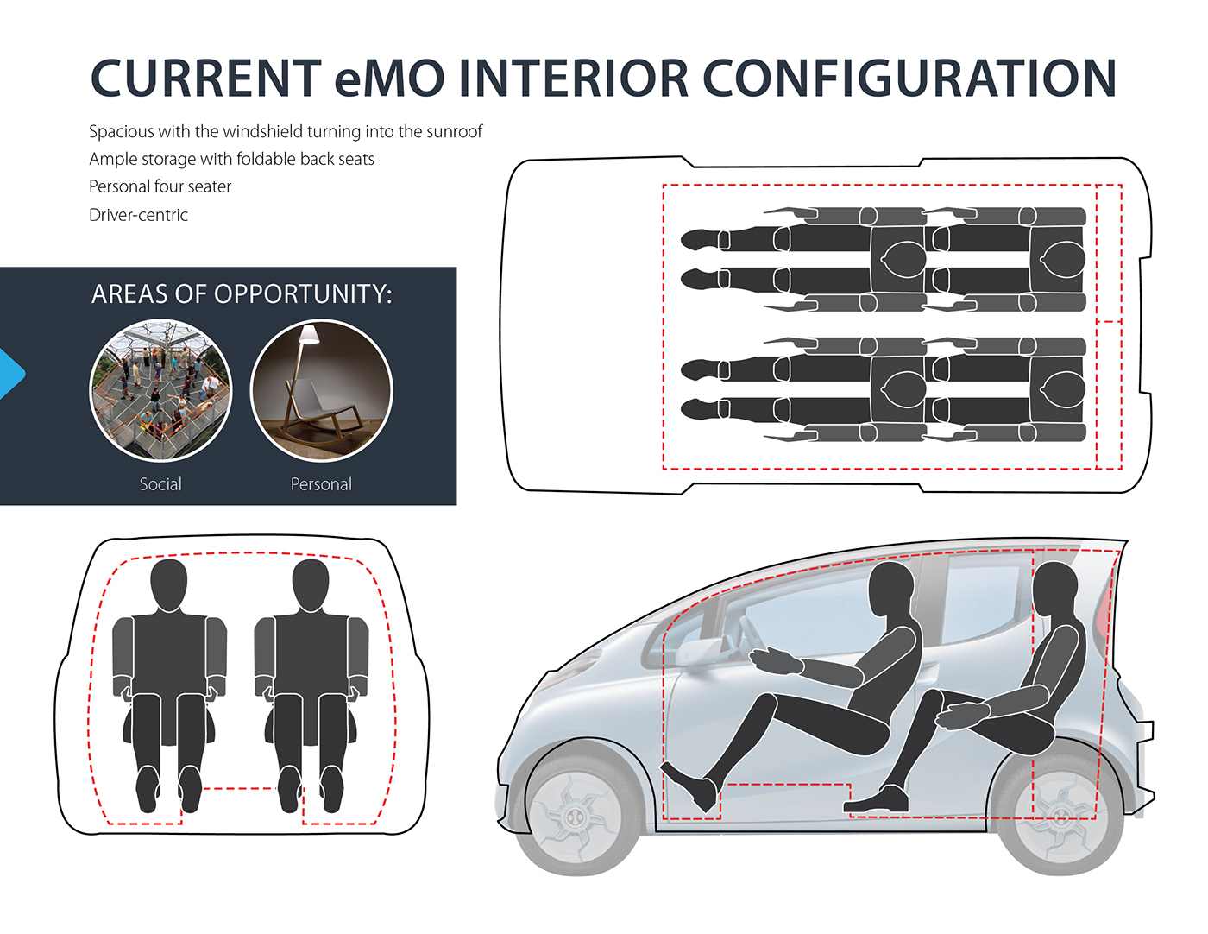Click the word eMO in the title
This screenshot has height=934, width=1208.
tap(388, 79)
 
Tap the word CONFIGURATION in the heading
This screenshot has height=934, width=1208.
tap(909, 79)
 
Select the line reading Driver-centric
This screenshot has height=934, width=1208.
tap(138, 215)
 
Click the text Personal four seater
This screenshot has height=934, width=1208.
tap(160, 186)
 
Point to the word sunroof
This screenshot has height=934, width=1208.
tap(454, 131)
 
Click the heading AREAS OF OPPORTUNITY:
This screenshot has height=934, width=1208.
tap(242, 294)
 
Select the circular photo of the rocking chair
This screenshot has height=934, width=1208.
tap(321, 391)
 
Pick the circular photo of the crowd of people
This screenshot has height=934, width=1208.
tap(160, 391)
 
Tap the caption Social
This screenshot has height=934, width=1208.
tap(160, 484)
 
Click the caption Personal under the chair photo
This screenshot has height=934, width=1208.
tap(321, 484)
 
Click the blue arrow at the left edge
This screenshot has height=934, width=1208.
tap(11, 374)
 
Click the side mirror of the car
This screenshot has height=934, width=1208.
tap(697, 651)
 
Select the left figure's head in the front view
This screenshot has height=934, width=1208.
tap(169, 584)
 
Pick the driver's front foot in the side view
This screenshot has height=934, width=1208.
tap(690, 790)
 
